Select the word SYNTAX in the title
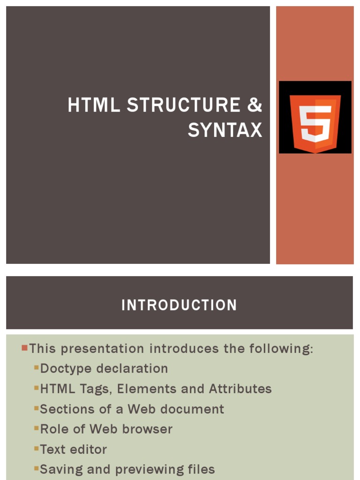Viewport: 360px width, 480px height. coord(225,130)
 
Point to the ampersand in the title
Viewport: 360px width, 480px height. coord(255,105)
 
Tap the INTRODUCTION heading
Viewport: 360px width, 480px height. coord(179,305)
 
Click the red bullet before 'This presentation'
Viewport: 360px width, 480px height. coord(24,348)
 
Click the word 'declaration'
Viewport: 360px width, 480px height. coord(133,368)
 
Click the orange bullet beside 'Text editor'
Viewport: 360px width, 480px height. coord(36,449)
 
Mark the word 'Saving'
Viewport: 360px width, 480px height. coord(60,470)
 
